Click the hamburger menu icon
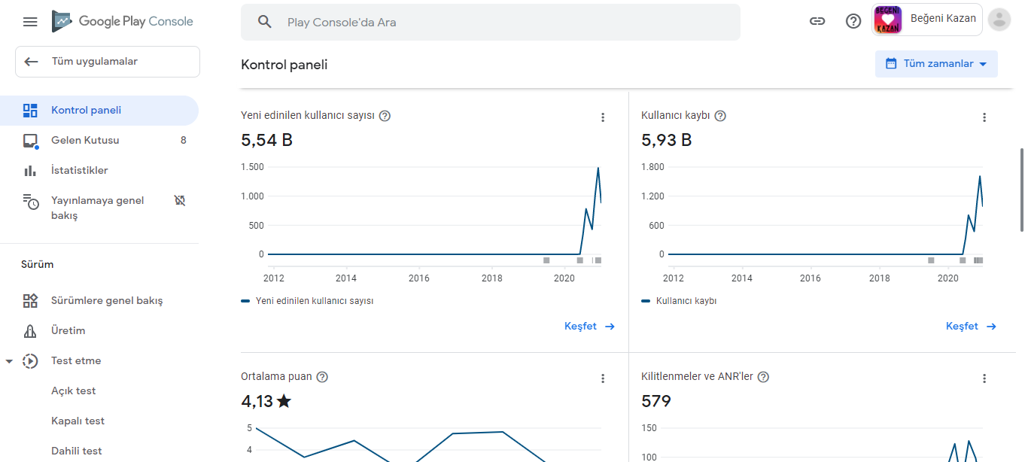click(30, 22)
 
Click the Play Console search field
click(490, 22)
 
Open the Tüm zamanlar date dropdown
click(936, 64)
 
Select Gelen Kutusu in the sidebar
click(85, 141)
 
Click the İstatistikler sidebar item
click(79, 170)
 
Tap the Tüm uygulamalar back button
click(108, 62)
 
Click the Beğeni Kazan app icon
click(887, 20)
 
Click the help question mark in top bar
click(853, 21)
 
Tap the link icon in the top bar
click(817, 21)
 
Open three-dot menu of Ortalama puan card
click(603, 378)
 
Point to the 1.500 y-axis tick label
click(252, 167)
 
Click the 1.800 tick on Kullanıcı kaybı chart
click(652, 167)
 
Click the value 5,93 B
click(666, 140)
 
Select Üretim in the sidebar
click(68, 331)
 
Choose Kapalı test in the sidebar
click(78, 421)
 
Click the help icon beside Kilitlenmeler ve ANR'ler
click(763, 377)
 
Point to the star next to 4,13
click(284, 401)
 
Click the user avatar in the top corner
click(999, 20)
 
